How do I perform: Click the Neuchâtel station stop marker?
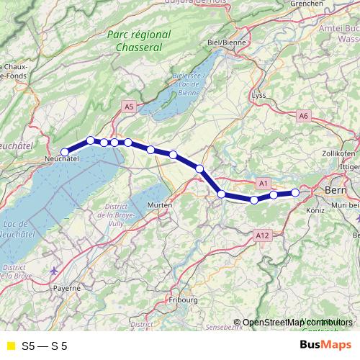click(65, 151)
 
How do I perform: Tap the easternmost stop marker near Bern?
click(295, 192)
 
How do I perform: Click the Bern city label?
click(336, 190)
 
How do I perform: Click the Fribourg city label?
click(183, 299)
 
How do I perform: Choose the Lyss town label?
click(260, 96)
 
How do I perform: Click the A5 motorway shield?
click(129, 107)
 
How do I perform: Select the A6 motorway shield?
click(303, 115)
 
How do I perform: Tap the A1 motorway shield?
click(263, 184)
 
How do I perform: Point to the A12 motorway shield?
click(261, 235)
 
